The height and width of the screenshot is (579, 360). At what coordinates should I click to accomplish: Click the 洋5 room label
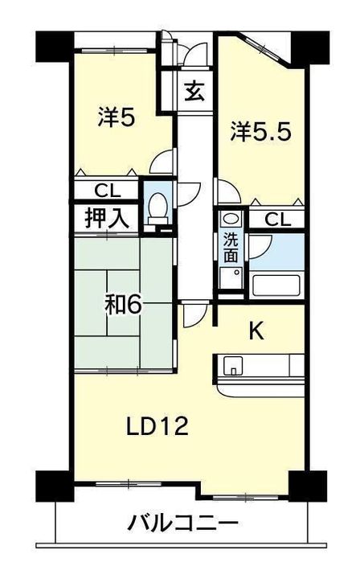coord(117,117)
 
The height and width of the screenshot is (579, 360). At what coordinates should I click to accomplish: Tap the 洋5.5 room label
coord(261,131)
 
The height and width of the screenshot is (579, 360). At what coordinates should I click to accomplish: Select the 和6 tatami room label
coord(123,305)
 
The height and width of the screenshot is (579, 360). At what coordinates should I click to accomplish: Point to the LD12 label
coord(157,426)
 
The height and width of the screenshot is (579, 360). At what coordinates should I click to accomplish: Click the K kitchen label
coord(256,331)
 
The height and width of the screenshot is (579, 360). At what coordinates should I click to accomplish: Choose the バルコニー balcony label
coord(182,524)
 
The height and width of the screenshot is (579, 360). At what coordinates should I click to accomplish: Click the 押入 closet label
coord(107,218)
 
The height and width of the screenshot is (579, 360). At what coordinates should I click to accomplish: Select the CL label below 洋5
coord(108,191)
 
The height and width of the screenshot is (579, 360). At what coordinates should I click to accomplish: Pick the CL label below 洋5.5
coord(278,220)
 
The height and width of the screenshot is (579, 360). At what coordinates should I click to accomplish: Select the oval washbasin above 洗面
coord(231,218)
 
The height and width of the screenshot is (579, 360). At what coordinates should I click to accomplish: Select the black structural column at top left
coord(55,47)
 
